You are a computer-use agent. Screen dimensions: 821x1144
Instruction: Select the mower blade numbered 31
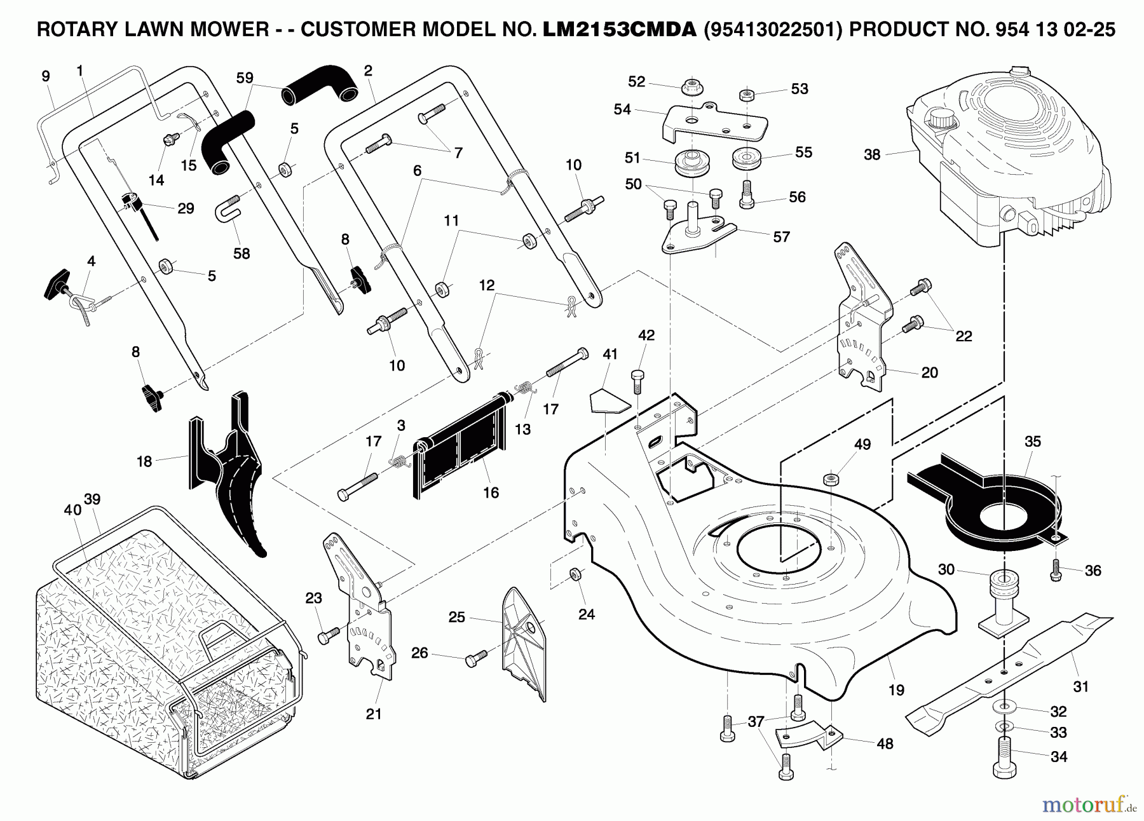pyautogui.click(x=1011, y=667)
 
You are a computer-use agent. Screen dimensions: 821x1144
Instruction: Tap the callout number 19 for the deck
pyautogui.click(x=896, y=690)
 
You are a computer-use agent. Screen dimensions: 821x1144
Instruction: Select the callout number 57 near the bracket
pyautogui.click(x=781, y=237)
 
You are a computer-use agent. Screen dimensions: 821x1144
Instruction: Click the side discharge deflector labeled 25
pyautogui.click(x=522, y=642)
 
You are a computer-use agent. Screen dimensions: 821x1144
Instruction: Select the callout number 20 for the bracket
pyautogui.click(x=929, y=372)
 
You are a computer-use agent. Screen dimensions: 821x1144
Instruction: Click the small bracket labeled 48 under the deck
pyautogui.click(x=807, y=737)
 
